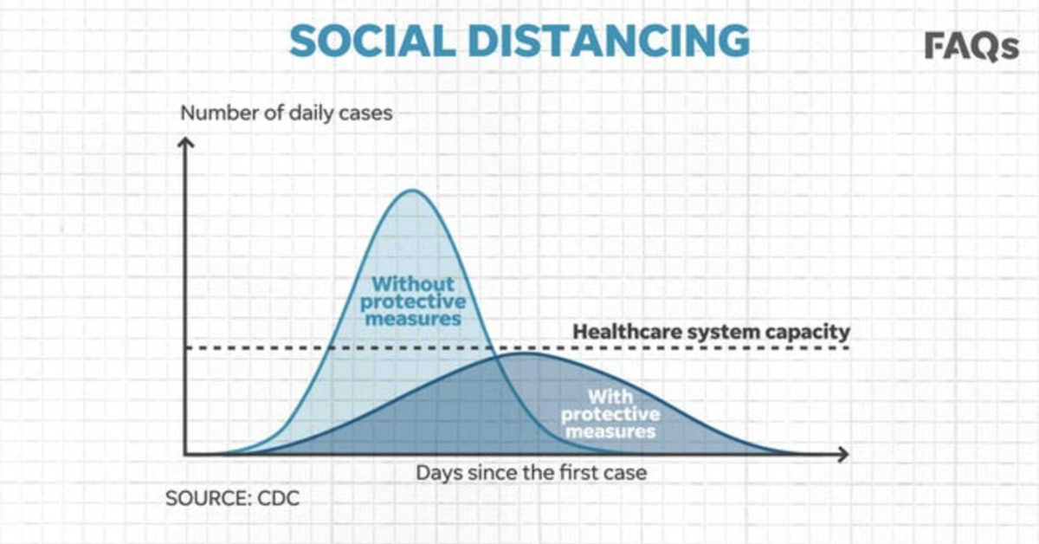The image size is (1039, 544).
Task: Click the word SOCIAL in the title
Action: coord(372,41)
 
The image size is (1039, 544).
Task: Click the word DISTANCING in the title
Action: coord(609,41)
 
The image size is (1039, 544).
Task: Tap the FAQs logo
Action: coord(971,47)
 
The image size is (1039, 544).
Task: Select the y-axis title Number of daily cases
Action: coord(287,113)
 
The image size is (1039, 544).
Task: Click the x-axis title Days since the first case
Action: coord(531,473)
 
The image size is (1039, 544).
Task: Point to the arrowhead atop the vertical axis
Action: coord(185,143)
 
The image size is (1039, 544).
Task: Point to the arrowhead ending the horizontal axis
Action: coord(842,454)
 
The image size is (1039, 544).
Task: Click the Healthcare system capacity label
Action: coord(711,332)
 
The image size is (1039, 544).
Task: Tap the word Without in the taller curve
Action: coord(413,283)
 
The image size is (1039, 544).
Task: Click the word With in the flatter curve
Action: coord(610,397)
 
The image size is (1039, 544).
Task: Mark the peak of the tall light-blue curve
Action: coord(412,190)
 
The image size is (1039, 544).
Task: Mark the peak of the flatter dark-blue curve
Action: coord(526,353)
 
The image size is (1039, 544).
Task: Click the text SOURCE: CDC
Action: coord(232,498)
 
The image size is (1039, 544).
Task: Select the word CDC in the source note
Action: coord(278,498)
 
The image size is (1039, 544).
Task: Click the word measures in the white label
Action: coord(610,431)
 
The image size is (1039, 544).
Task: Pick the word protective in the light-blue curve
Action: coord(413,302)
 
